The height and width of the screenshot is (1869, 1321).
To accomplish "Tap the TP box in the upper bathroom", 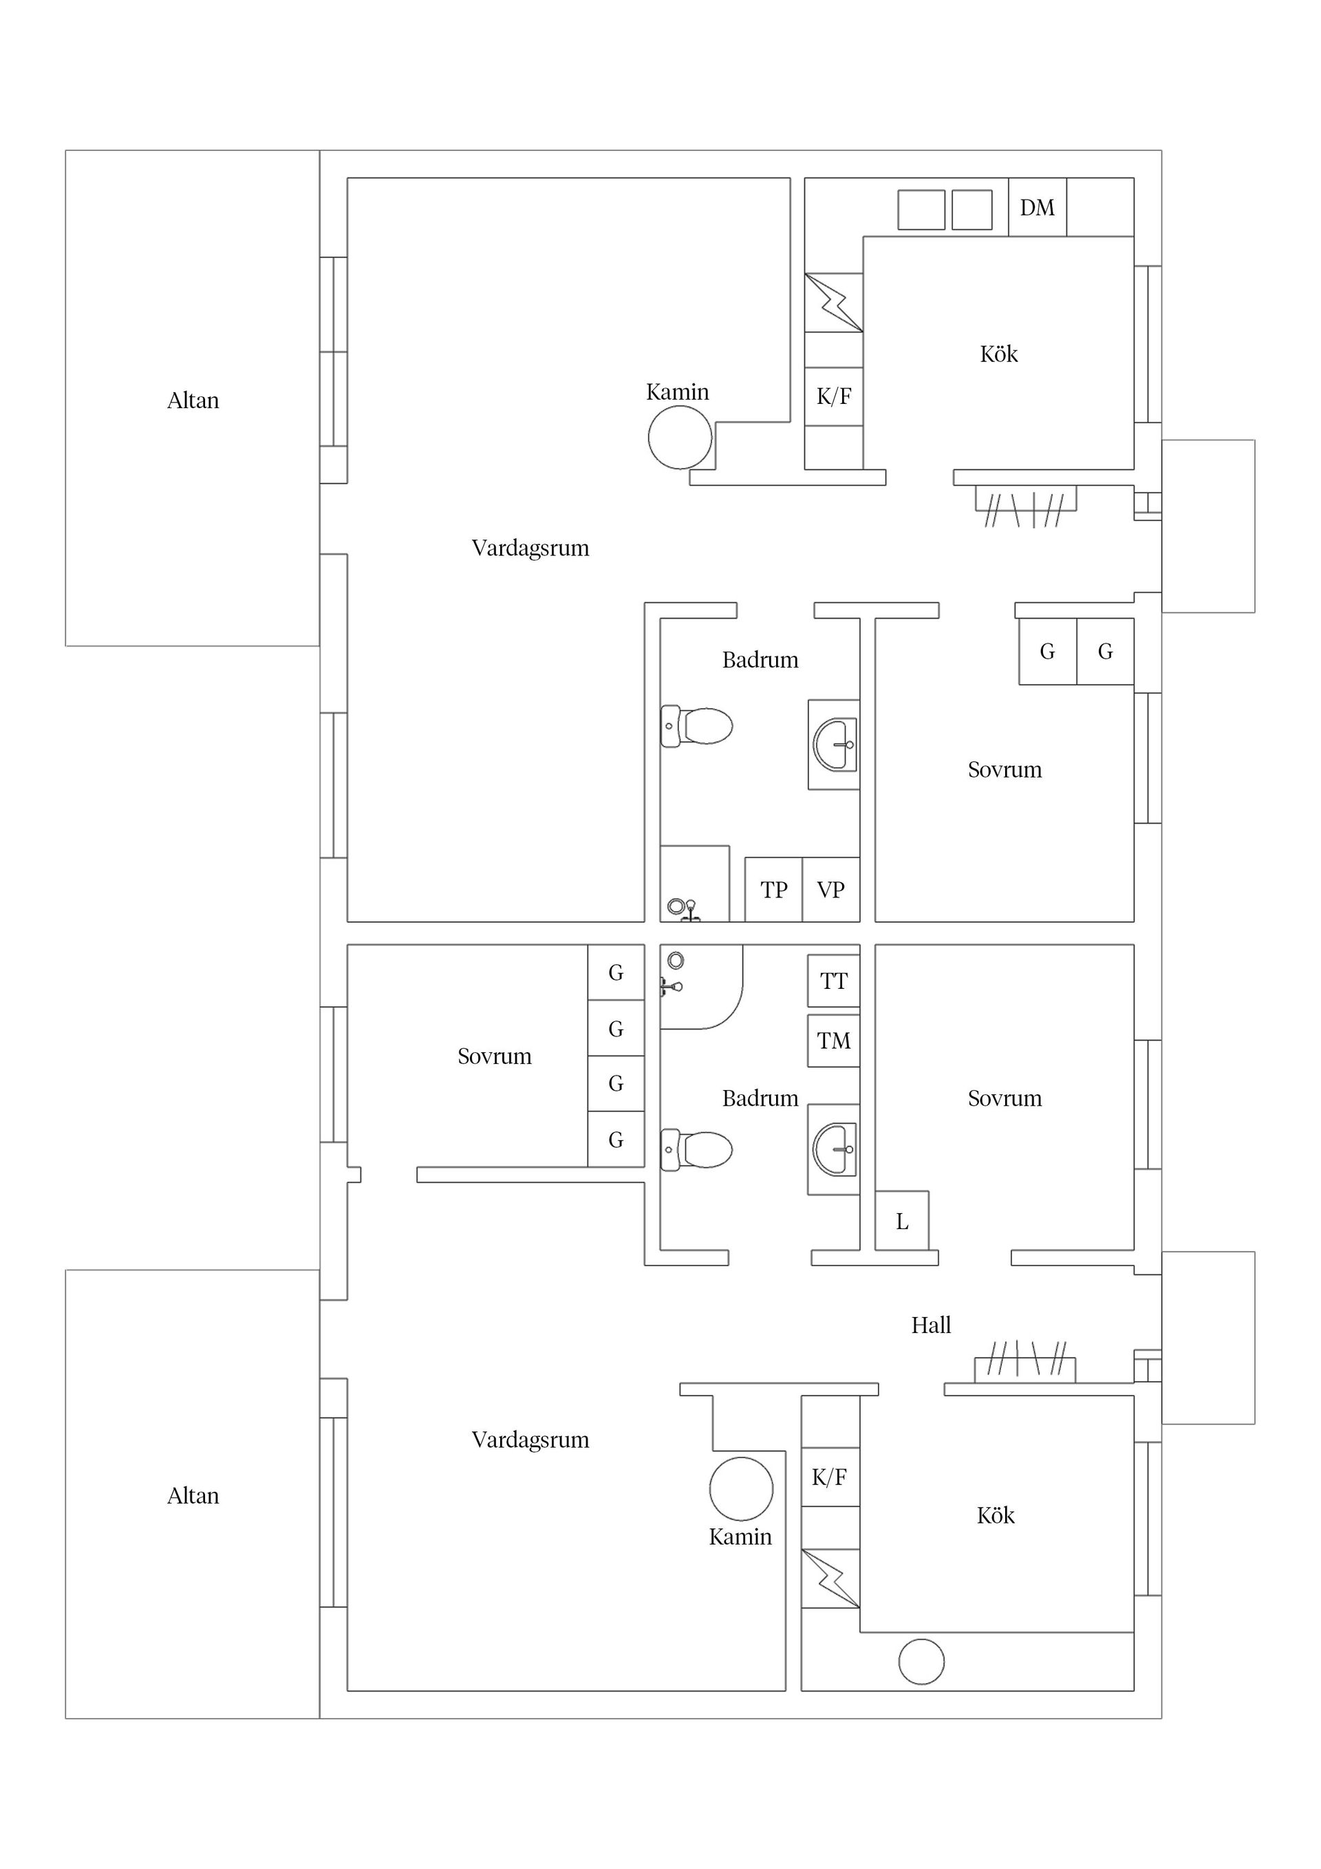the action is pos(773,890).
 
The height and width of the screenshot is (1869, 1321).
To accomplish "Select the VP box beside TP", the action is pos(831,890).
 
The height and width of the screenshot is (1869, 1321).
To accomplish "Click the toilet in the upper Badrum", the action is pos(697,726).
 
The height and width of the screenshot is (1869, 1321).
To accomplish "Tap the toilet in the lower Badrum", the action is pos(697,1149).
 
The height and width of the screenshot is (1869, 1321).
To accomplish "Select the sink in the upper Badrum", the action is pos(835,744).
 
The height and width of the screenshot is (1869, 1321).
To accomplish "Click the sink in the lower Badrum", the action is pos(835,1149).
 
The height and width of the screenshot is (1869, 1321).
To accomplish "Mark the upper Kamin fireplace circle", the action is pos(680,437).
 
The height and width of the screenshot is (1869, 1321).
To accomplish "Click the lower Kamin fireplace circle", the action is pos(741,1489).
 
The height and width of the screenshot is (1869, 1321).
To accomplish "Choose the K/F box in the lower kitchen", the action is pos(830,1477).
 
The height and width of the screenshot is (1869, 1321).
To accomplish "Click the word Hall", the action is pos(931,1325).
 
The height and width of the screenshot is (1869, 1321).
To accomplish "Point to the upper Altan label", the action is pos(193,400).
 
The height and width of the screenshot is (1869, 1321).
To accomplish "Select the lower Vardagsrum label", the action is pos(530,1440).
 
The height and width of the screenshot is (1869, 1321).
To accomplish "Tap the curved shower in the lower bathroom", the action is pos(702,987).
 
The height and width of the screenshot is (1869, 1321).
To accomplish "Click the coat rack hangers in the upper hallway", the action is pos(1026,506).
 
